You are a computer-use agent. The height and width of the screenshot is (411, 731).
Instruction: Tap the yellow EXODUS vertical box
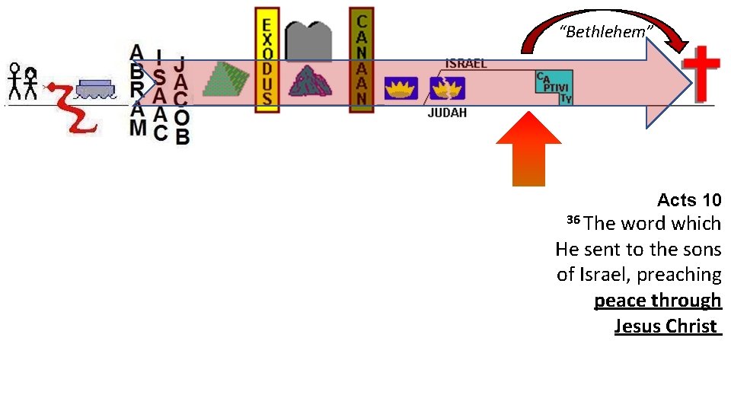click(266, 60)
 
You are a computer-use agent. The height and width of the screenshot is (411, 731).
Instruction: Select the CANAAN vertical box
click(362, 60)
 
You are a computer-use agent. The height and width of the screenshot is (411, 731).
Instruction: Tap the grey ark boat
click(94, 88)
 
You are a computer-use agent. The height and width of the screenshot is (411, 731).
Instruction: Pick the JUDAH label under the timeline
click(447, 113)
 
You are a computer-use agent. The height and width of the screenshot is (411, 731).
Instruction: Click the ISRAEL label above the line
click(466, 64)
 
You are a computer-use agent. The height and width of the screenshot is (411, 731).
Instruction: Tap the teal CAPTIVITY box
click(554, 88)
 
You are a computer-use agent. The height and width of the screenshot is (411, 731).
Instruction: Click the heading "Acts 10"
click(688, 200)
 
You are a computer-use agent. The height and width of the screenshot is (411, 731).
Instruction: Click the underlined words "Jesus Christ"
click(666, 326)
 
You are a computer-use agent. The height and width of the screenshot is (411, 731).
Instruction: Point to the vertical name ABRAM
click(137, 90)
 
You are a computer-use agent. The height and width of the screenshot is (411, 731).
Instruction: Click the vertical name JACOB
click(181, 100)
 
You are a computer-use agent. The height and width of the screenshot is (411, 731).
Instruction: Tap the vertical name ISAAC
click(159, 95)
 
